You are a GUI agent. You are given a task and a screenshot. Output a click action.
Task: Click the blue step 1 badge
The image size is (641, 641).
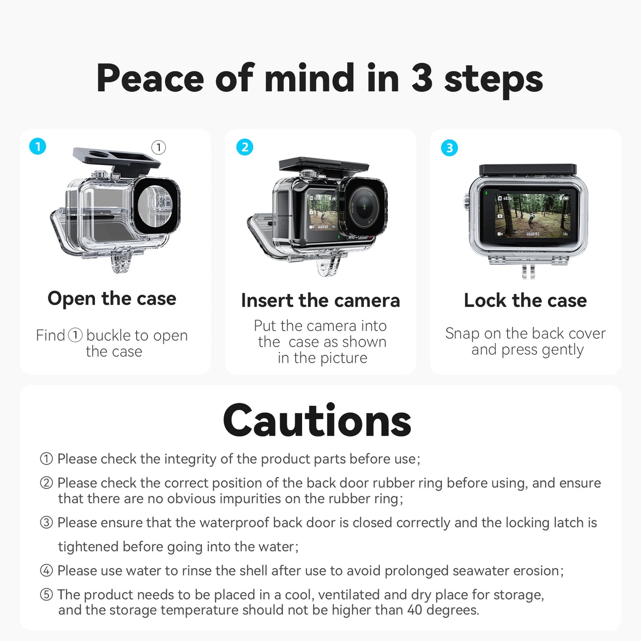click(x=38, y=146)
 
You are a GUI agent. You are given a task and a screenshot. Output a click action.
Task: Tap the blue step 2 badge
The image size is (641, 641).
click(x=245, y=147)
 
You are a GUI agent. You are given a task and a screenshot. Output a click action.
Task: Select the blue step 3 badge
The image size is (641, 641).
click(x=449, y=148)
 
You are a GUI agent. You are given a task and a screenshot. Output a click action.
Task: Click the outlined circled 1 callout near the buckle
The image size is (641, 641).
click(x=158, y=147)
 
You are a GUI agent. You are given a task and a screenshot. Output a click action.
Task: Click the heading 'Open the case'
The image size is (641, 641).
click(x=112, y=299)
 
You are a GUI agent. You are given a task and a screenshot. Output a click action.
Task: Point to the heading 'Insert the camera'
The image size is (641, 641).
click(x=320, y=300)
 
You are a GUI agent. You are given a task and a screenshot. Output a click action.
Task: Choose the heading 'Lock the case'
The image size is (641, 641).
click(x=525, y=300)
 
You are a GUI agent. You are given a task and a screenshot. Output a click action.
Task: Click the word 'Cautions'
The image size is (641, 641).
click(x=317, y=421)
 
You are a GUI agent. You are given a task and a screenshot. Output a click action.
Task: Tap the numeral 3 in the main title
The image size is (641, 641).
click(x=421, y=79)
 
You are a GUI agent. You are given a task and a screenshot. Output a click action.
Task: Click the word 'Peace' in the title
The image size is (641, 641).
click(x=150, y=79)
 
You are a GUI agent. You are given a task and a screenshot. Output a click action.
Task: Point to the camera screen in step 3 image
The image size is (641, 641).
click(x=532, y=215)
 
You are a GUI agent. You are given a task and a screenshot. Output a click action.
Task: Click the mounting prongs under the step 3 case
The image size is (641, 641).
click(x=527, y=271)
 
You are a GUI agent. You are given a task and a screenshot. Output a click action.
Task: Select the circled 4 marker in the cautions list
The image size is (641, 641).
click(x=47, y=570)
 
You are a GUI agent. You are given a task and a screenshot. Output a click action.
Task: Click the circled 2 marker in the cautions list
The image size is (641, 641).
click(x=47, y=483)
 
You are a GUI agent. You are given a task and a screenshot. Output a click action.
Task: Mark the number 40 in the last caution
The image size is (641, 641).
click(x=415, y=610)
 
